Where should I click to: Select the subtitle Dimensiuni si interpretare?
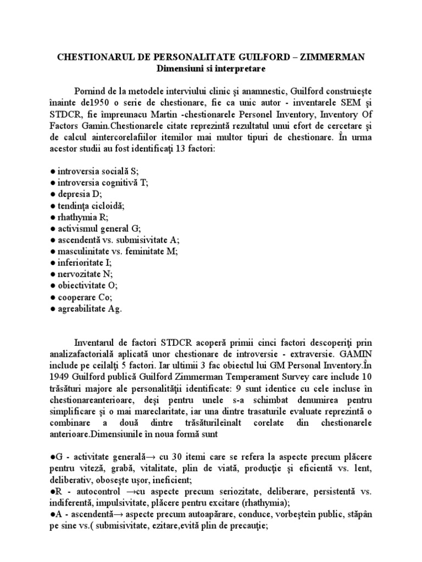[211, 70]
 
